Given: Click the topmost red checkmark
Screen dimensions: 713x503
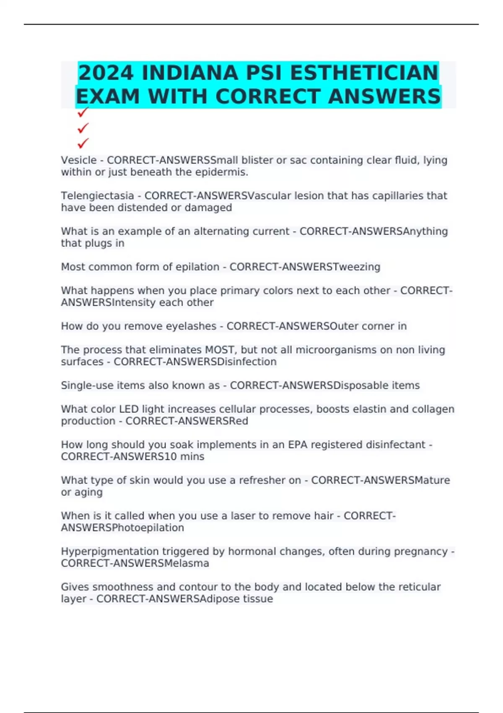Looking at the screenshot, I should (83, 112).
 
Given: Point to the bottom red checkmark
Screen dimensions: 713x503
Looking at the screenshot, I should (83, 143).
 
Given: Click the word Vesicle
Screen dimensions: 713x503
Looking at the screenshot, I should (79, 160).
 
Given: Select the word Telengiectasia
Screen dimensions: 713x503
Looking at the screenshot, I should (97, 196).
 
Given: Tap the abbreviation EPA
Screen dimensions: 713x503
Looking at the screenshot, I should (298, 445).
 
